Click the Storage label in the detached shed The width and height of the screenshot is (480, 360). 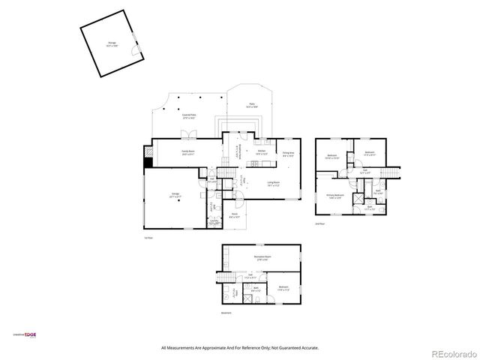click(111, 44)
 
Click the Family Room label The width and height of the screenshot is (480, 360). click(187, 152)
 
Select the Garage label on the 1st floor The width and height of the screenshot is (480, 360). click(175, 195)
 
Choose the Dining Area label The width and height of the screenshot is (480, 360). click(288, 154)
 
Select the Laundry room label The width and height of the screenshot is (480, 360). click(214, 222)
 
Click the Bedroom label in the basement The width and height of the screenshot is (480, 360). click(283, 288)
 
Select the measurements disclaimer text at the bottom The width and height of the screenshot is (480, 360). click(240, 348)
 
